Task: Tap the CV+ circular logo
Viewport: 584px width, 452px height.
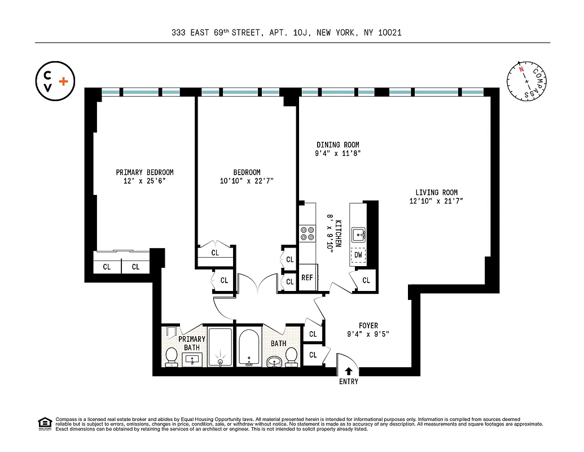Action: click(x=55, y=81)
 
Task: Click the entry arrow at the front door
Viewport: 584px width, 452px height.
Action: click(x=349, y=371)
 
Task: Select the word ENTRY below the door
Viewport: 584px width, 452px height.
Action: click(x=349, y=381)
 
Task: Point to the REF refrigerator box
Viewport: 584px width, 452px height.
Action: click(x=307, y=277)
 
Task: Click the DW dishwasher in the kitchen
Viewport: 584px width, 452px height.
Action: click(x=358, y=255)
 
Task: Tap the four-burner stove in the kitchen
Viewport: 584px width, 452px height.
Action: click(x=308, y=233)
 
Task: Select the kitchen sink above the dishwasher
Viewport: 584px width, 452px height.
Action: click(x=358, y=233)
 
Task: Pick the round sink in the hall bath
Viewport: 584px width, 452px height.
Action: click(x=275, y=361)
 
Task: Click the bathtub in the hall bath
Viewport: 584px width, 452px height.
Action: click(x=248, y=347)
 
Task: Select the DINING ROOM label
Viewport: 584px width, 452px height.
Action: click(x=337, y=145)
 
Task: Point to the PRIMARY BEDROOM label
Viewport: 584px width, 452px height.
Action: click(x=144, y=172)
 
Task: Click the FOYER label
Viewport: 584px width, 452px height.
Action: click(x=368, y=325)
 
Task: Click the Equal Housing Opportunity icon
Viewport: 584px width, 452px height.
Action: click(x=44, y=423)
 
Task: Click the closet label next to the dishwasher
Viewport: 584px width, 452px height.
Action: click(x=366, y=280)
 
